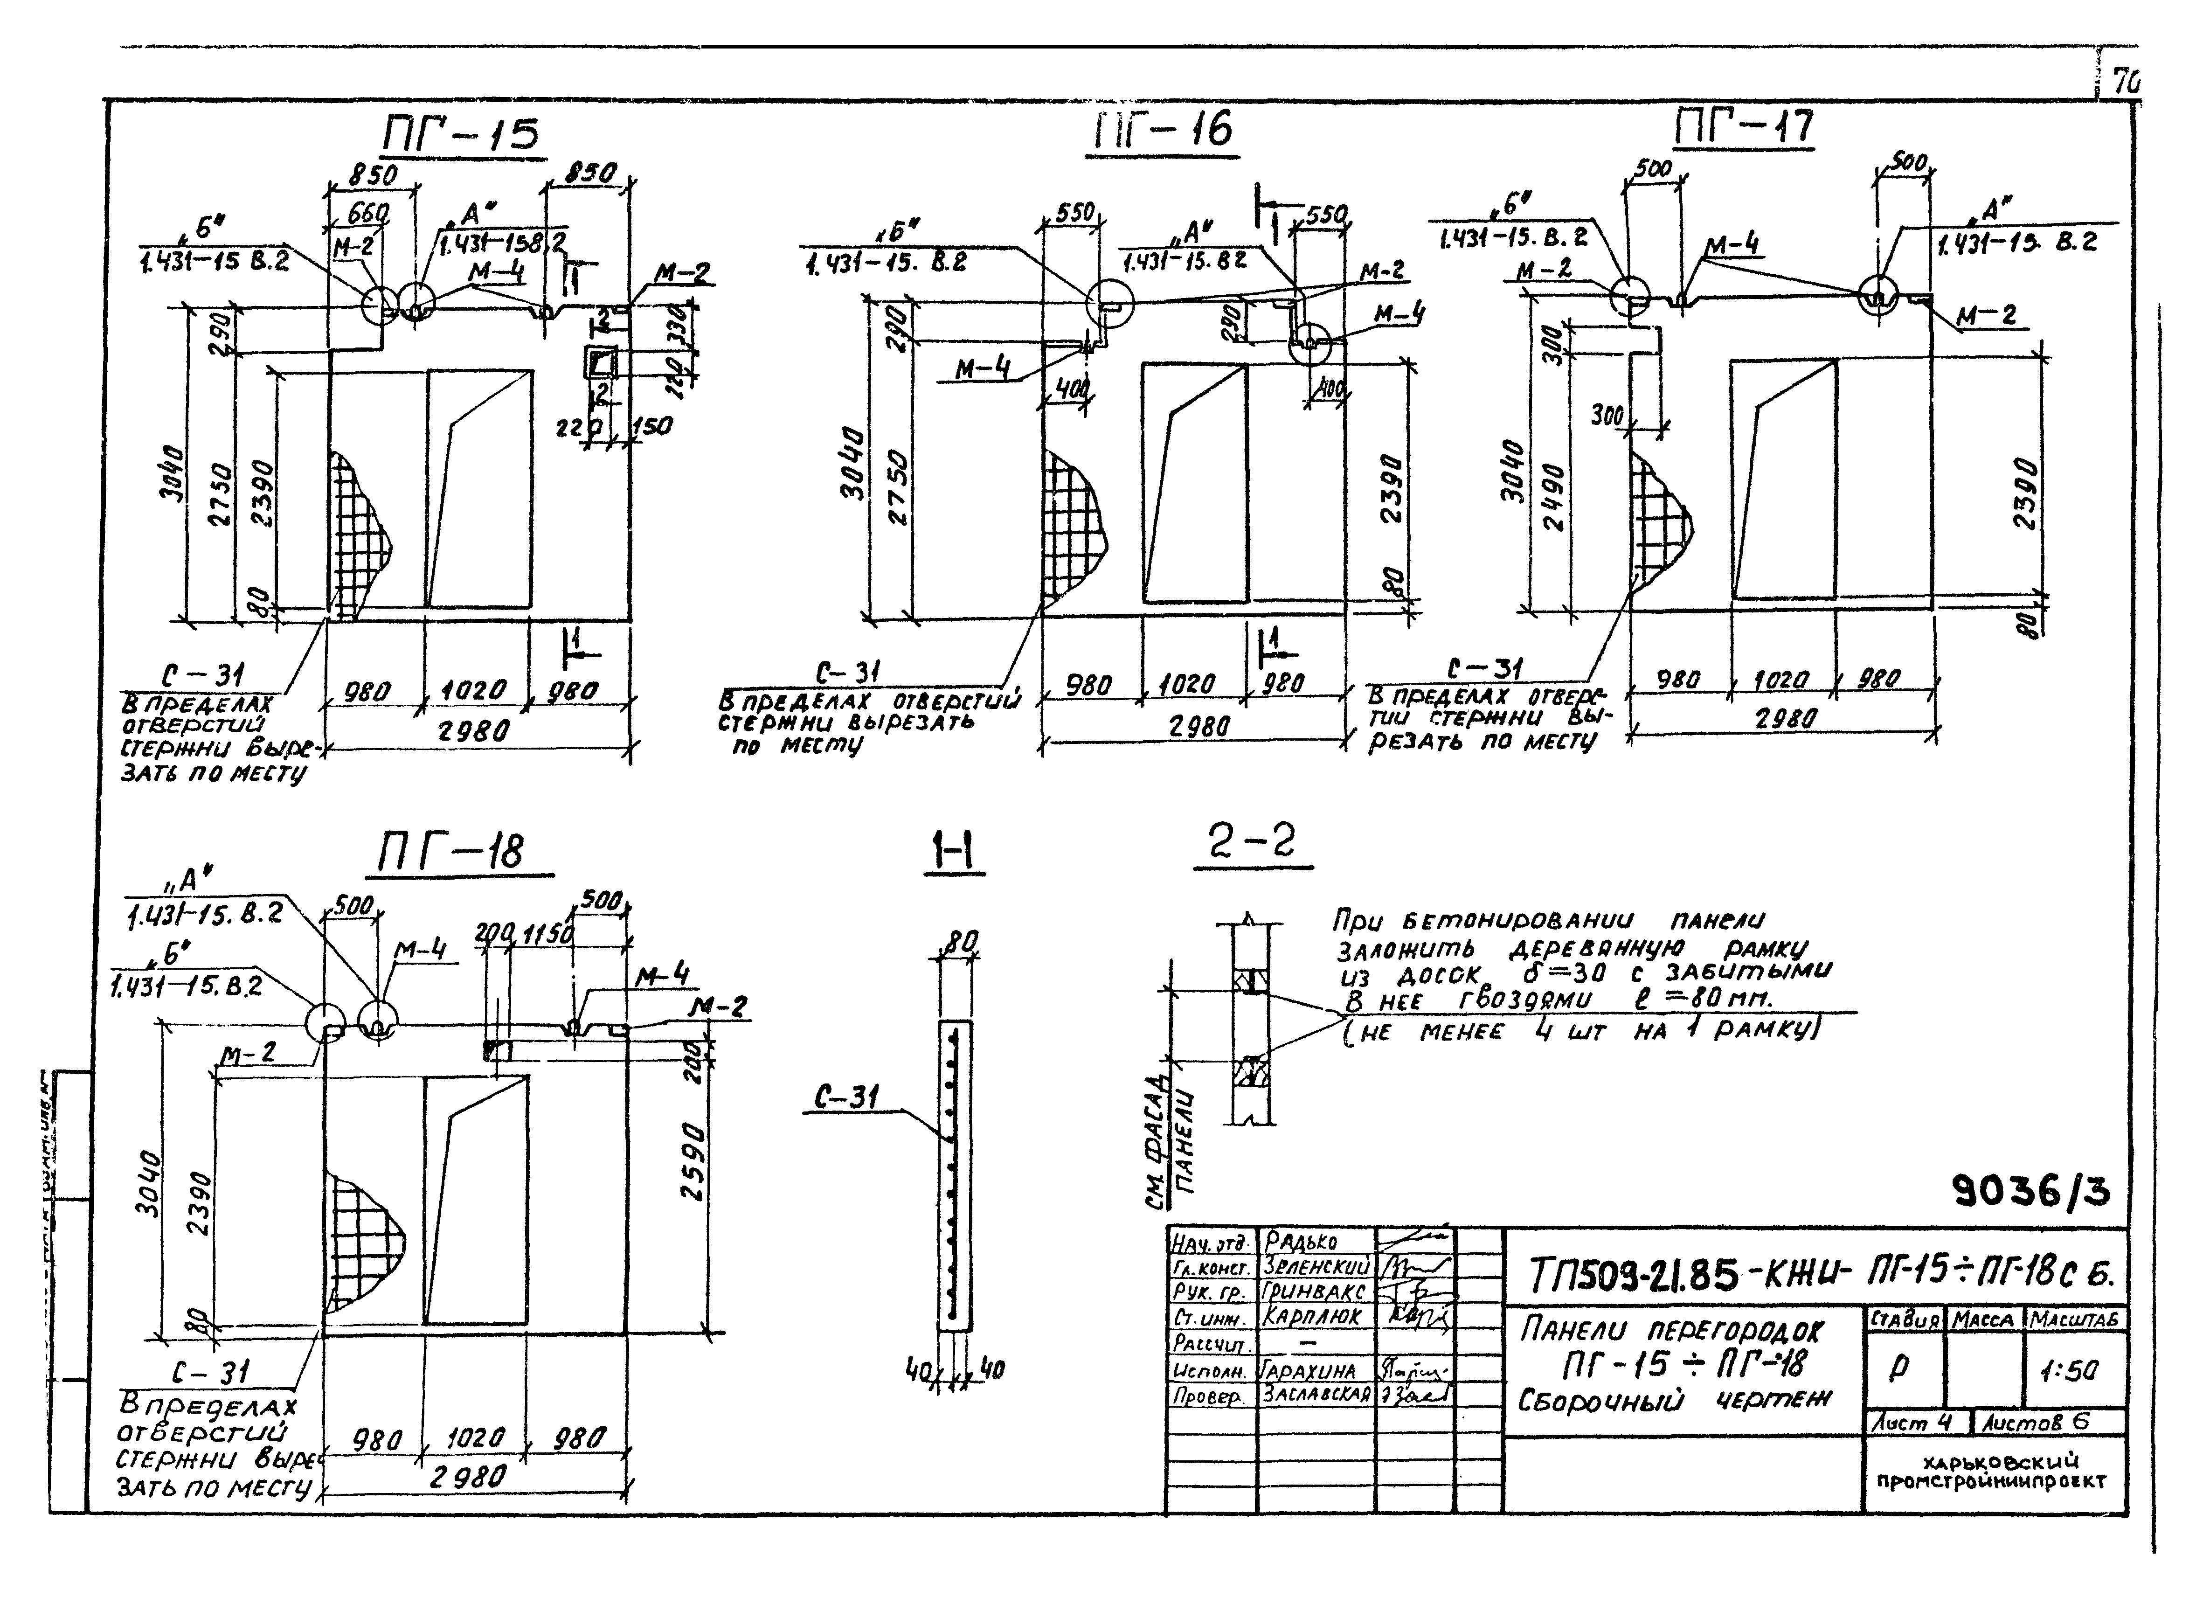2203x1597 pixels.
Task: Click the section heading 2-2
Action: click(1251, 841)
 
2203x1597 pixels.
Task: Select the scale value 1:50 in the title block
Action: click(2069, 1370)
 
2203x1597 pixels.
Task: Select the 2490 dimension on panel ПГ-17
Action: click(1554, 497)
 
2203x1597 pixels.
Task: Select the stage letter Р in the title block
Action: click(1899, 1368)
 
